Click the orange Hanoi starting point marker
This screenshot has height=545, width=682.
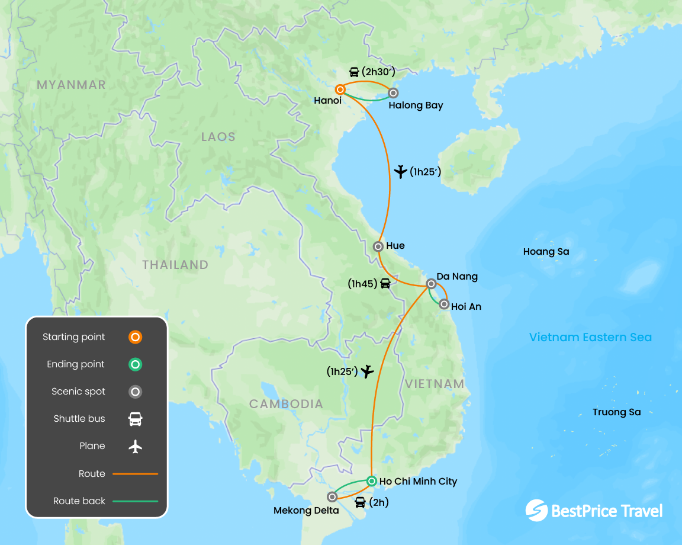point(340,89)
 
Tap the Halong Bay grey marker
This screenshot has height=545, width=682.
point(393,92)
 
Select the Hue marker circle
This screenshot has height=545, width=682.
point(378,246)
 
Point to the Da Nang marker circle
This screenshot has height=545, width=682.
point(432,285)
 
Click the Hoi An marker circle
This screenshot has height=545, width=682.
point(444,304)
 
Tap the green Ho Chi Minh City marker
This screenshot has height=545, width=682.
point(371,481)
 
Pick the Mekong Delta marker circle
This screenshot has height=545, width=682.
point(332,497)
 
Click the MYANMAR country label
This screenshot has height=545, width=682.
point(71,85)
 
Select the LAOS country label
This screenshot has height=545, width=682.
point(218,137)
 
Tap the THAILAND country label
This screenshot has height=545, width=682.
point(175,265)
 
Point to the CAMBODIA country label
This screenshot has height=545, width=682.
point(286,404)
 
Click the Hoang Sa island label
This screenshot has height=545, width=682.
point(546,252)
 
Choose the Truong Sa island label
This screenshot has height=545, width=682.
point(616,412)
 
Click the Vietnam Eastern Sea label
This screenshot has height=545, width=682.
point(590,338)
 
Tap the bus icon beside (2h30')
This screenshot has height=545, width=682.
point(354,72)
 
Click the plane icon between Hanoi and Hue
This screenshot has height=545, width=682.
point(401,172)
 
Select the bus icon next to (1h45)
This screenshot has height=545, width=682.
point(385,284)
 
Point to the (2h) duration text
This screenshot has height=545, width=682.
point(378,503)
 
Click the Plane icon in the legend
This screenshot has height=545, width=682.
point(136,446)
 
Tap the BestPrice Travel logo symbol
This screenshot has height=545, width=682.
point(536,511)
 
